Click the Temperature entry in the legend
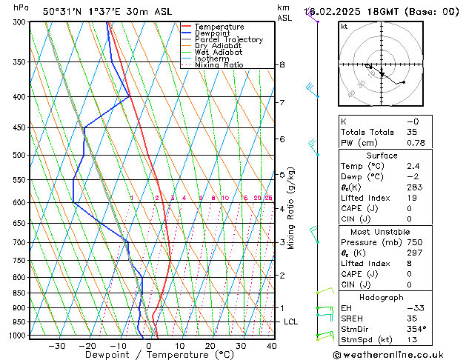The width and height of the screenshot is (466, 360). (221, 27)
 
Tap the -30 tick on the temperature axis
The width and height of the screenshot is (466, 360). (56, 346)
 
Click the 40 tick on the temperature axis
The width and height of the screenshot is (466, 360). (271, 346)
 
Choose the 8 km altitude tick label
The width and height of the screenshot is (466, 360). (282, 65)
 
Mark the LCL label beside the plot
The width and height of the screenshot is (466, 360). (290, 321)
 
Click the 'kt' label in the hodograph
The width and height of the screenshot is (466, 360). (344, 27)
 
